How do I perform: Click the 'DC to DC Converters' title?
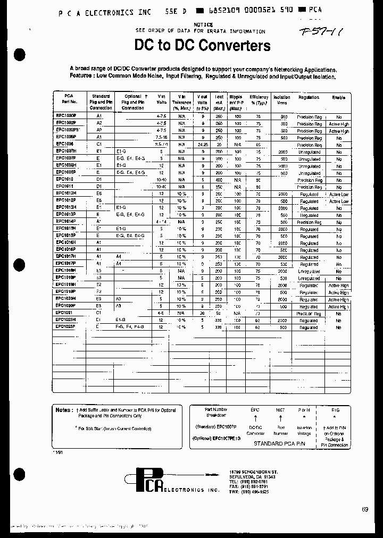point(202,46)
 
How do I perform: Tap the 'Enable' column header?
point(338,98)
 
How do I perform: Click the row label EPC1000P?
point(66,115)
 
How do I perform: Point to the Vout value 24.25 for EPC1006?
point(202,145)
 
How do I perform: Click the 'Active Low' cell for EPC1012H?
point(338,194)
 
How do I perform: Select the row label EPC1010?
point(64,180)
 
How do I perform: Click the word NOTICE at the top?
point(204,25)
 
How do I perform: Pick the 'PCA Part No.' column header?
point(69,98)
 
